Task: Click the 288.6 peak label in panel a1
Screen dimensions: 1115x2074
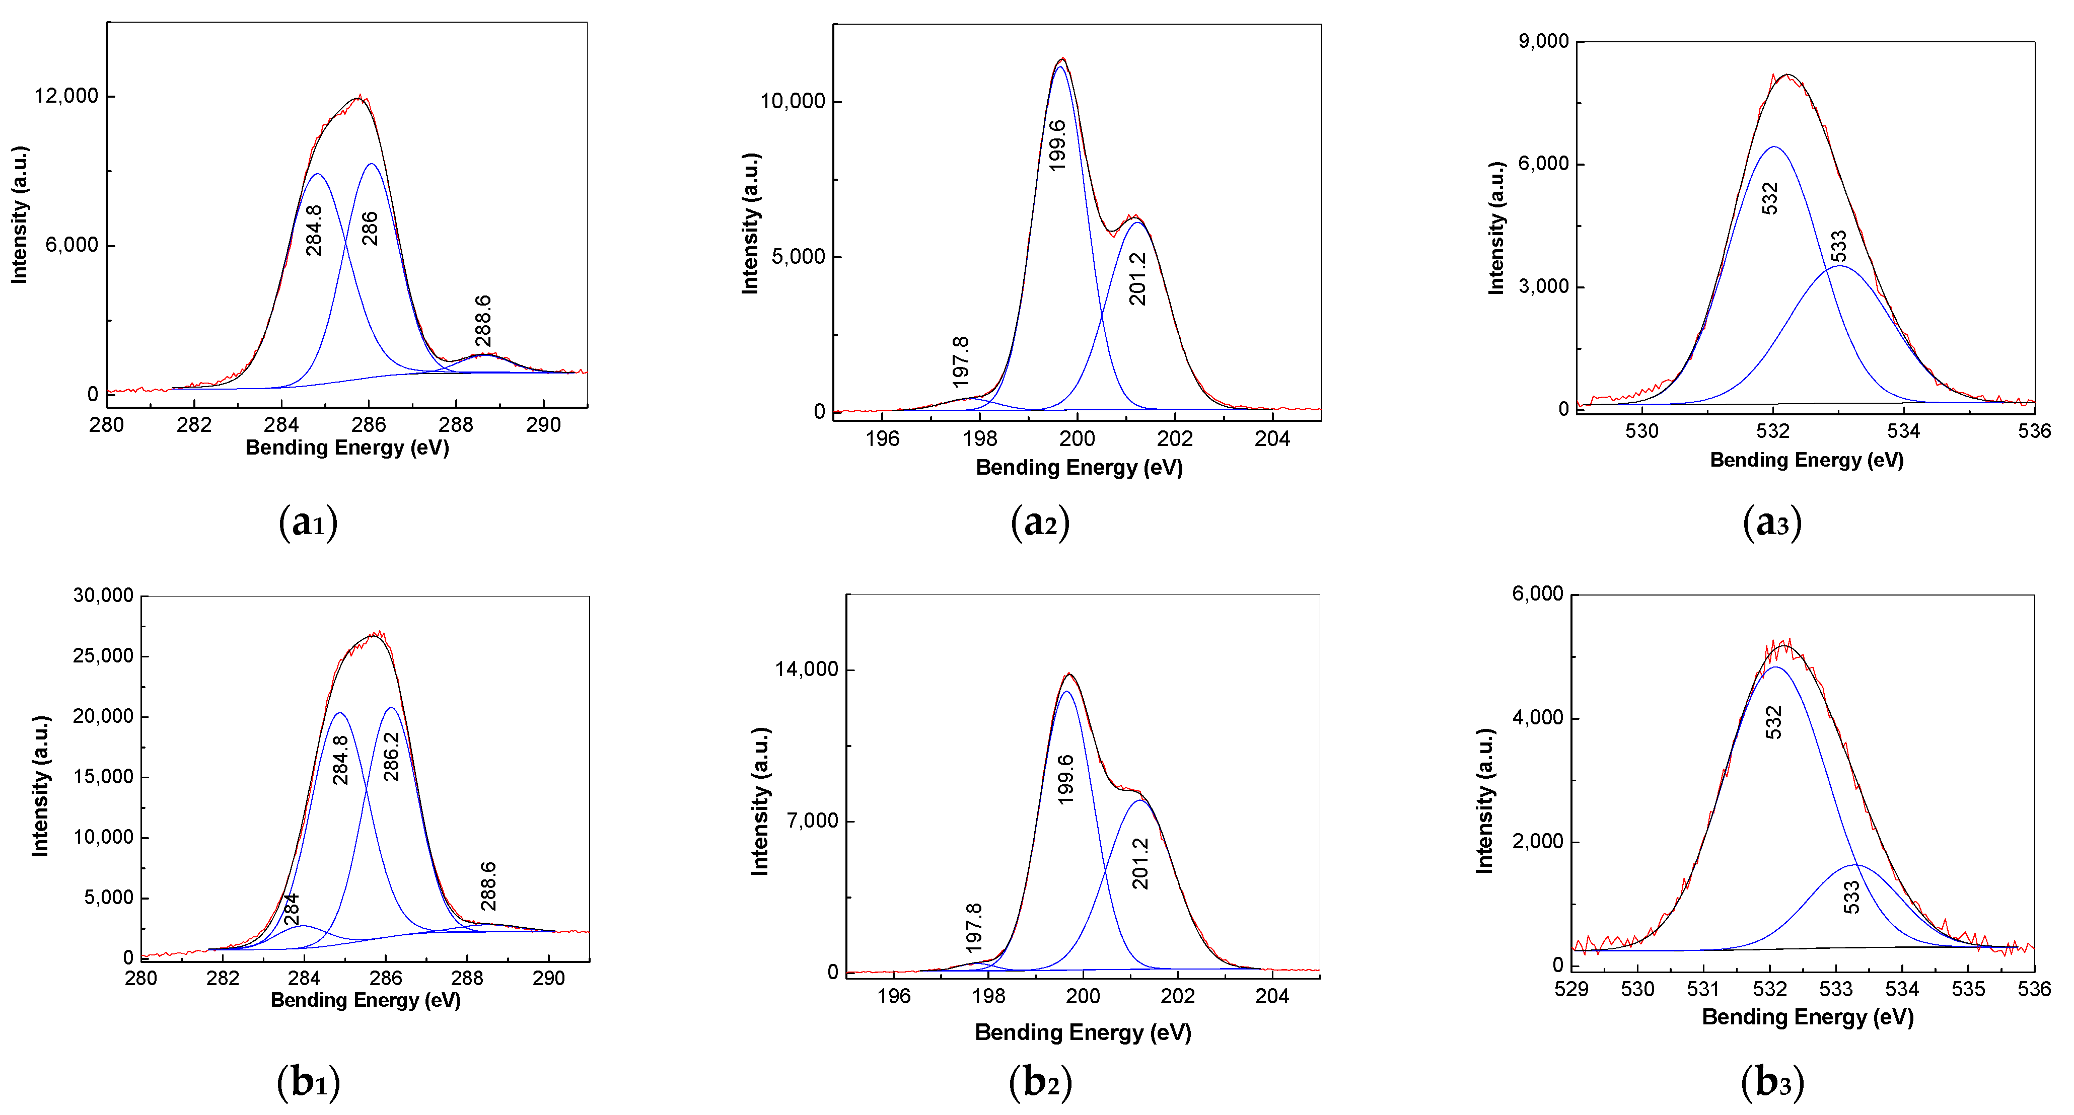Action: [x=483, y=321]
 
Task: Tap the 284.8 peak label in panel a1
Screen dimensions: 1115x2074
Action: [x=314, y=230]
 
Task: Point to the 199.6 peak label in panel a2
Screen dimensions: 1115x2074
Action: [x=1058, y=145]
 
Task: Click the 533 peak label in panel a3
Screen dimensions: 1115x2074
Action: [x=1839, y=246]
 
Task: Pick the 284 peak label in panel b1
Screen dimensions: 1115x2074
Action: [x=292, y=909]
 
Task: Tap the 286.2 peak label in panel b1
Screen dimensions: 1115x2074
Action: [x=391, y=756]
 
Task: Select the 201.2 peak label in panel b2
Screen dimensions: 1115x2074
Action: [x=1140, y=863]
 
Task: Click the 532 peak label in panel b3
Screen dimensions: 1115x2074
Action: [x=1774, y=722]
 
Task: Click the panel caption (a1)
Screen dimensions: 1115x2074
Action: [x=308, y=523]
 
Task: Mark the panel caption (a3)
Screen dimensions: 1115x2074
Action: [x=1772, y=523]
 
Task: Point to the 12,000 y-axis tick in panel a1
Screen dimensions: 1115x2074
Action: [x=66, y=96]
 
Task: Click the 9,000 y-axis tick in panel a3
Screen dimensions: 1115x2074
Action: [x=1543, y=41]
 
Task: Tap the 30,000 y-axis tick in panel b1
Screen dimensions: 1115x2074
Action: [x=103, y=596]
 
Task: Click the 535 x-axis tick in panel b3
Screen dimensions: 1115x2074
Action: [x=1969, y=989]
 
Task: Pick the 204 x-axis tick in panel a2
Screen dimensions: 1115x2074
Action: [x=1272, y=439]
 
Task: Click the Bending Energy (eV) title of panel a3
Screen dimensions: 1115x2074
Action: [x=1807, y=460]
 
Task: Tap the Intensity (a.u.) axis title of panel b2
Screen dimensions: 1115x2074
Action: [x=760, y=801]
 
